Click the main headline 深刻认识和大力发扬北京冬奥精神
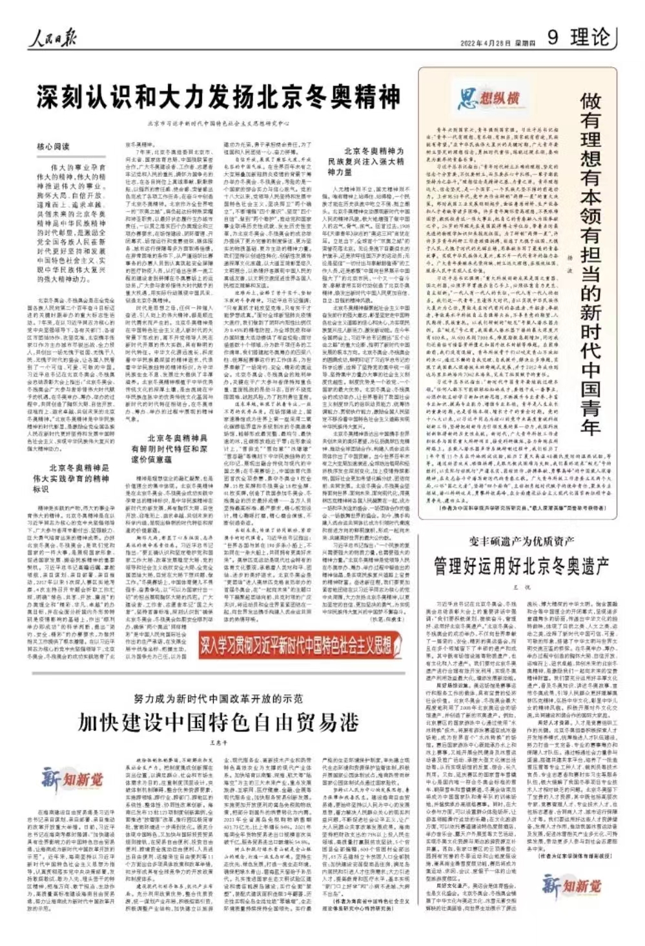pos(218,98)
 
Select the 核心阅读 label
pos(53,146)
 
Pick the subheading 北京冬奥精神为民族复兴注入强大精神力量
pos(365,161)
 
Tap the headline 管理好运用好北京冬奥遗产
pos(521,566)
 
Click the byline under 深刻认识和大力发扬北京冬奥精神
pos(218,123)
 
